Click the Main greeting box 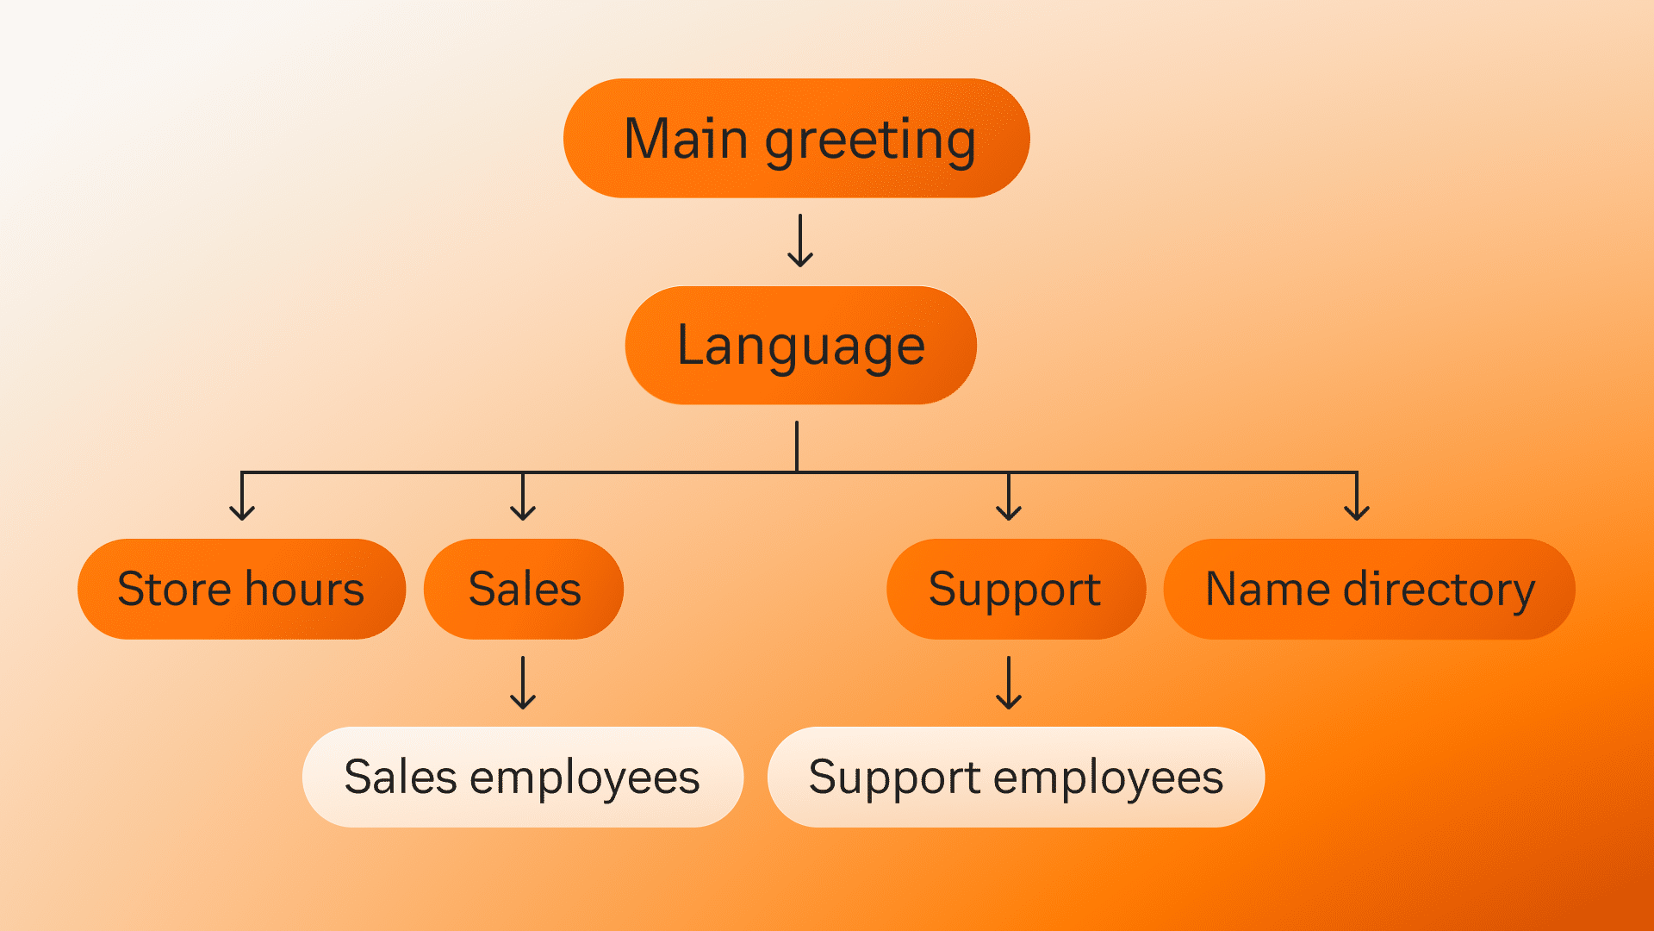tap(796, 138)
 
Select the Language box tap(800, 345)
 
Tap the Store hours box tap(241, 589)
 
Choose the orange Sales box tap(524, 589)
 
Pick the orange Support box tap(1016, 589)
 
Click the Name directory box tap(1369, 589)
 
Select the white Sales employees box tap(522, 777)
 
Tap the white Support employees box tap(1016, 777)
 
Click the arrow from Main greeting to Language tap(800, 241)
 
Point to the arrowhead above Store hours tap(242, 512)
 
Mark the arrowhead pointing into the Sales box tap(523, 512)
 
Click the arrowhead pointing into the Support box tap(1009, 512)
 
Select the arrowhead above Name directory tap(1357, 512)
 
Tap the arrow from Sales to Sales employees tap(523, 683)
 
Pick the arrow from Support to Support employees tap(1009, 683)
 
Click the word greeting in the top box tap(870, 140)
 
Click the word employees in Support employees tap(1108, 778)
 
